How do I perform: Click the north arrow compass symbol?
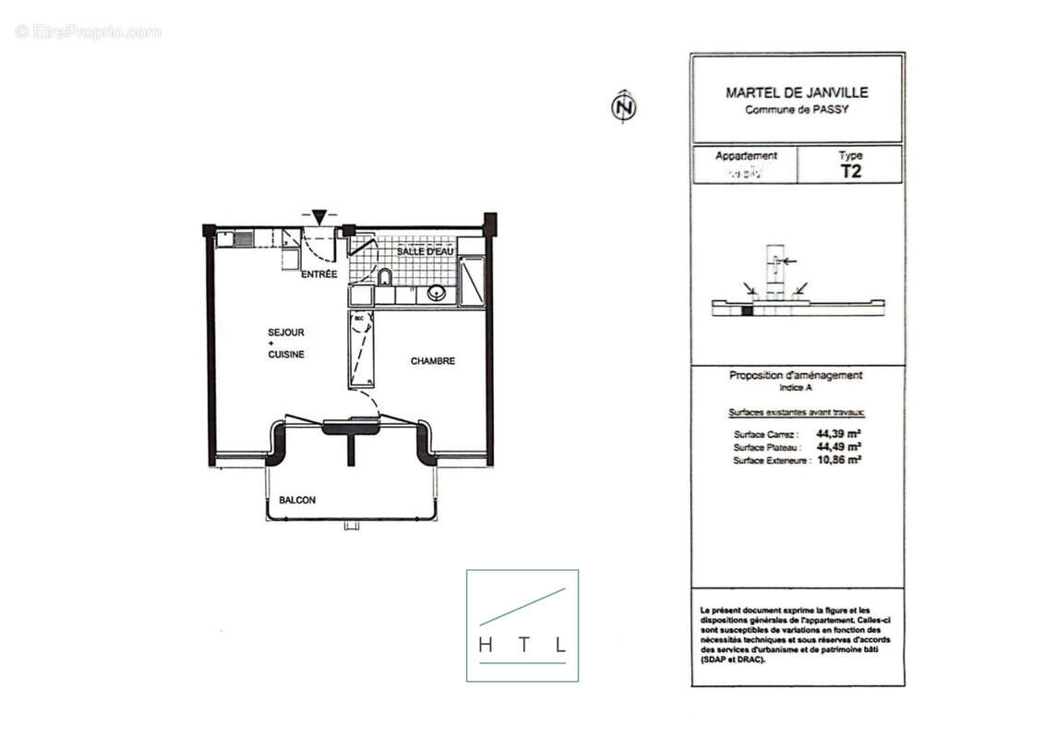[x=624, y=107]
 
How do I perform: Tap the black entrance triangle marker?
[x=318, y=217]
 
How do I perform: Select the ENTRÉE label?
[x=319, y=274]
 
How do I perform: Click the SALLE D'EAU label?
[x=424, y=251]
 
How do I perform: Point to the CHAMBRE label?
[x=432, y=361]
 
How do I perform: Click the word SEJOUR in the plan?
[x=285, y=332]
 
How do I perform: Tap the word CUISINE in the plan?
[x=285, y=355]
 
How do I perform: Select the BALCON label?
[x=297, y=501]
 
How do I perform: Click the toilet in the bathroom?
[x=385, y=277]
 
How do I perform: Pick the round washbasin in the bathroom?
[x=437, y=294]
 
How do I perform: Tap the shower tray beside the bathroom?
[x=471, y=281]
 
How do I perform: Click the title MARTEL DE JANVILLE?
[x=797, y=92]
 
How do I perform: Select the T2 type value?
[x=850, y=171]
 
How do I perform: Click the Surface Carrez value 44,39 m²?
[x=838, y=433]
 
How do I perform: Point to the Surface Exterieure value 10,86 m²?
[x=838, y=459]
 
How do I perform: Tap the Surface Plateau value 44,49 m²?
[x=838, y=446]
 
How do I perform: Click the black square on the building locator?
[x=747, y=310]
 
